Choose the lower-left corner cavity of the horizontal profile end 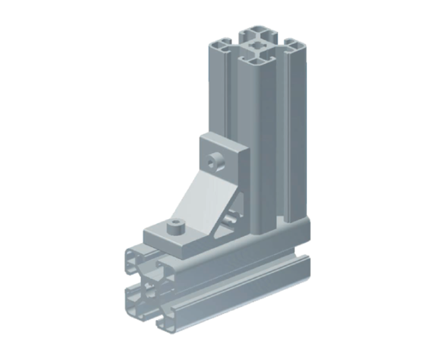pyautogui.click(x=133, y=300)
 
